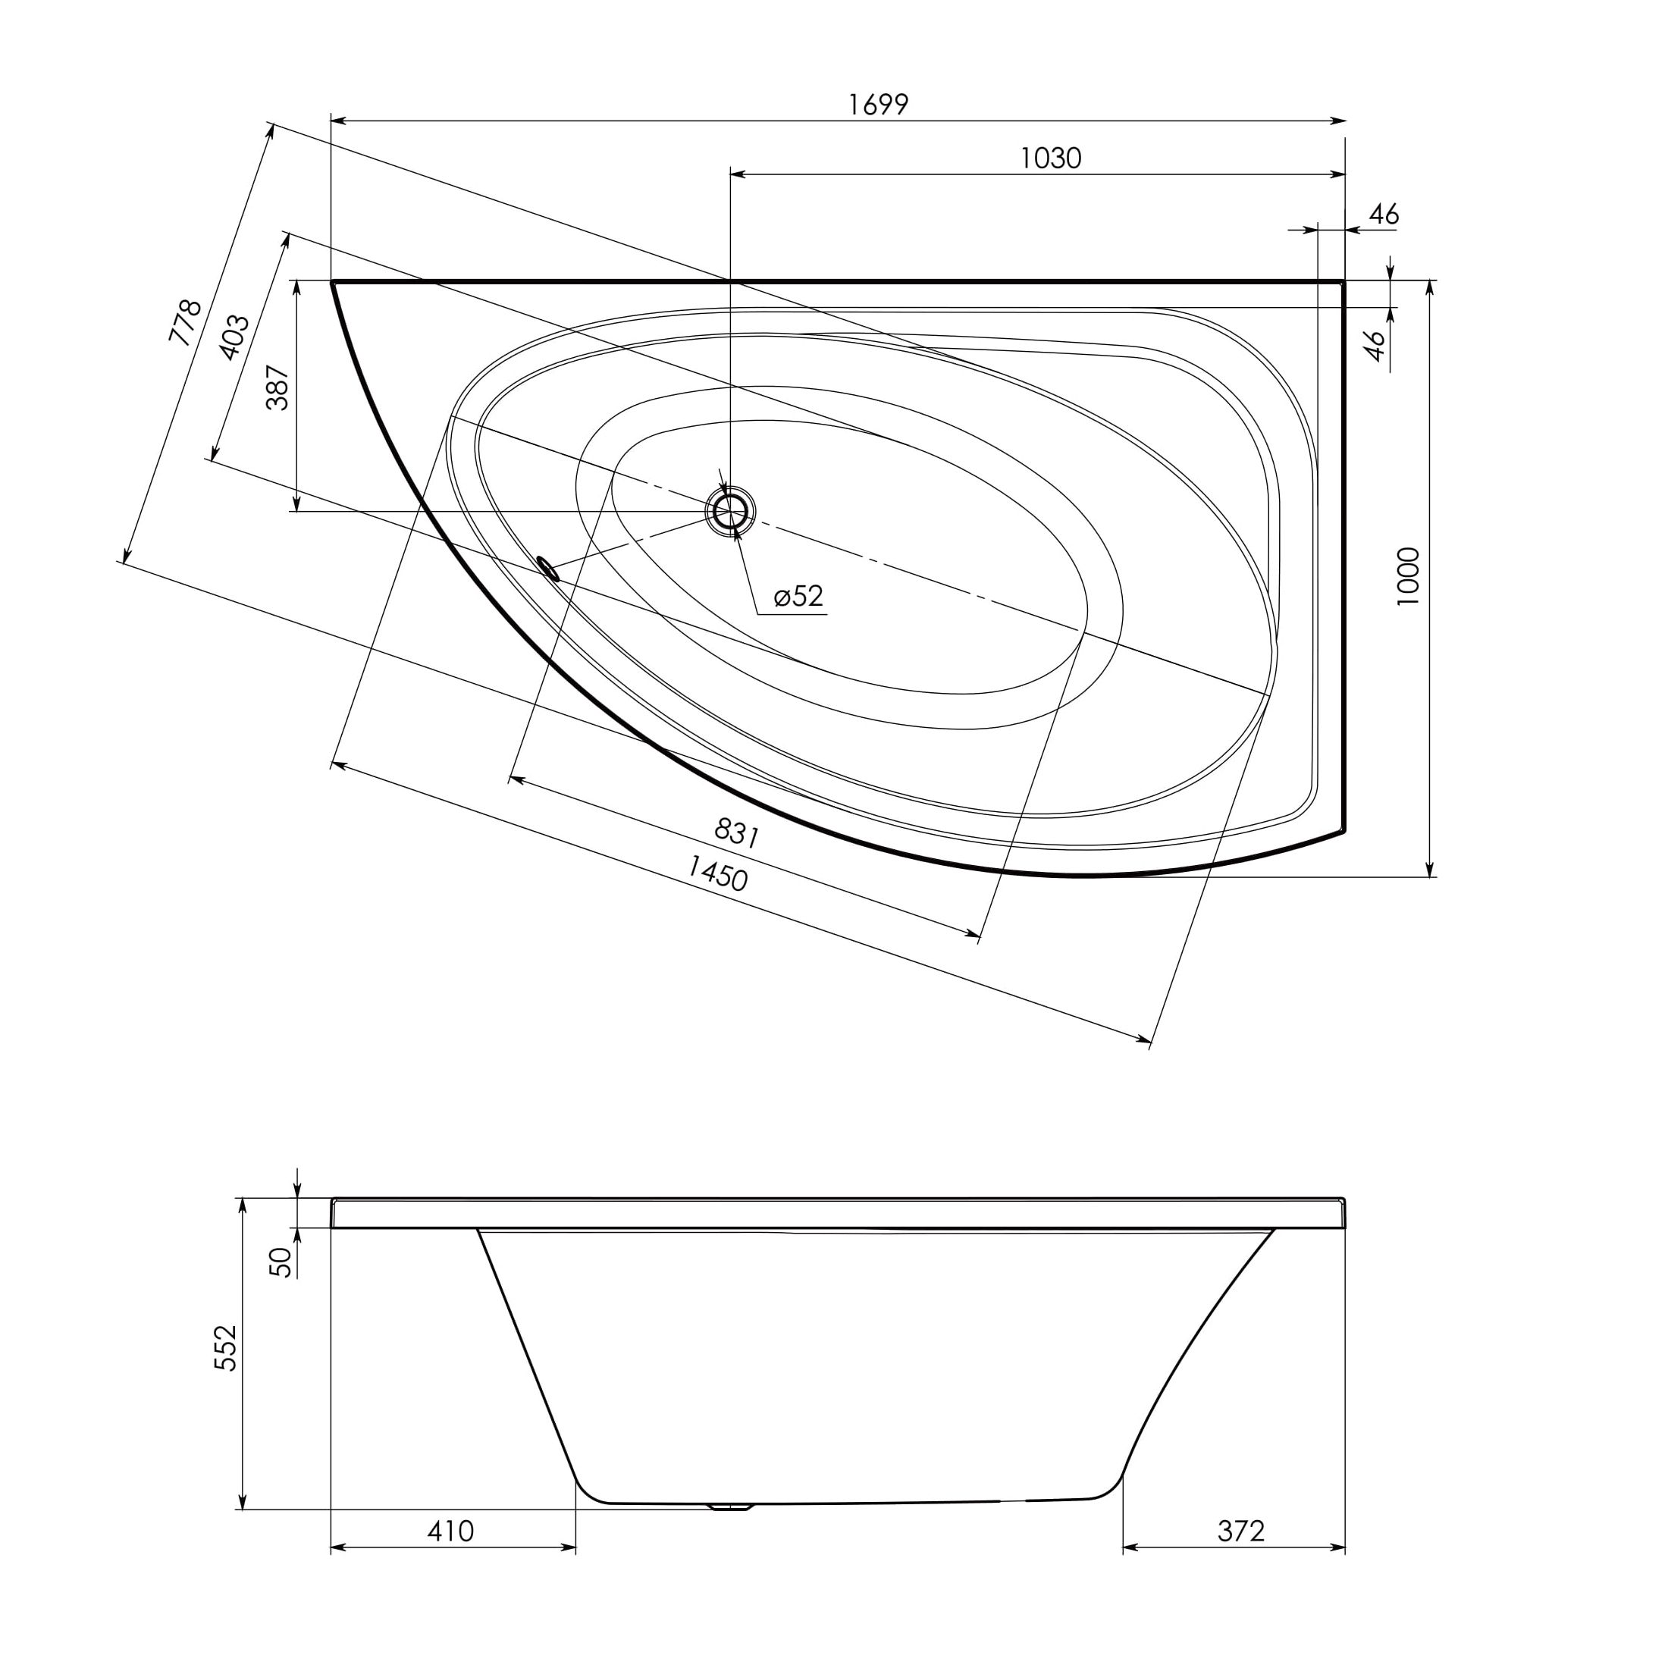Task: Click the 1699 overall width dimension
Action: click(x=878, y=105)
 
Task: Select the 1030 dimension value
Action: click(x=1051, y=158)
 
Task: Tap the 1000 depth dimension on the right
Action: click(x=1408, y=576)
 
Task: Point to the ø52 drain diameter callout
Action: click(x=798, y=596)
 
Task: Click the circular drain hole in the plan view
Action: click(x=730, y=512)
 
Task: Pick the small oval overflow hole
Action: click(x=548, y=568)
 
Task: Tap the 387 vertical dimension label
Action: click(x=278, y=386)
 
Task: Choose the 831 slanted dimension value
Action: click(x=736, y=833)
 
